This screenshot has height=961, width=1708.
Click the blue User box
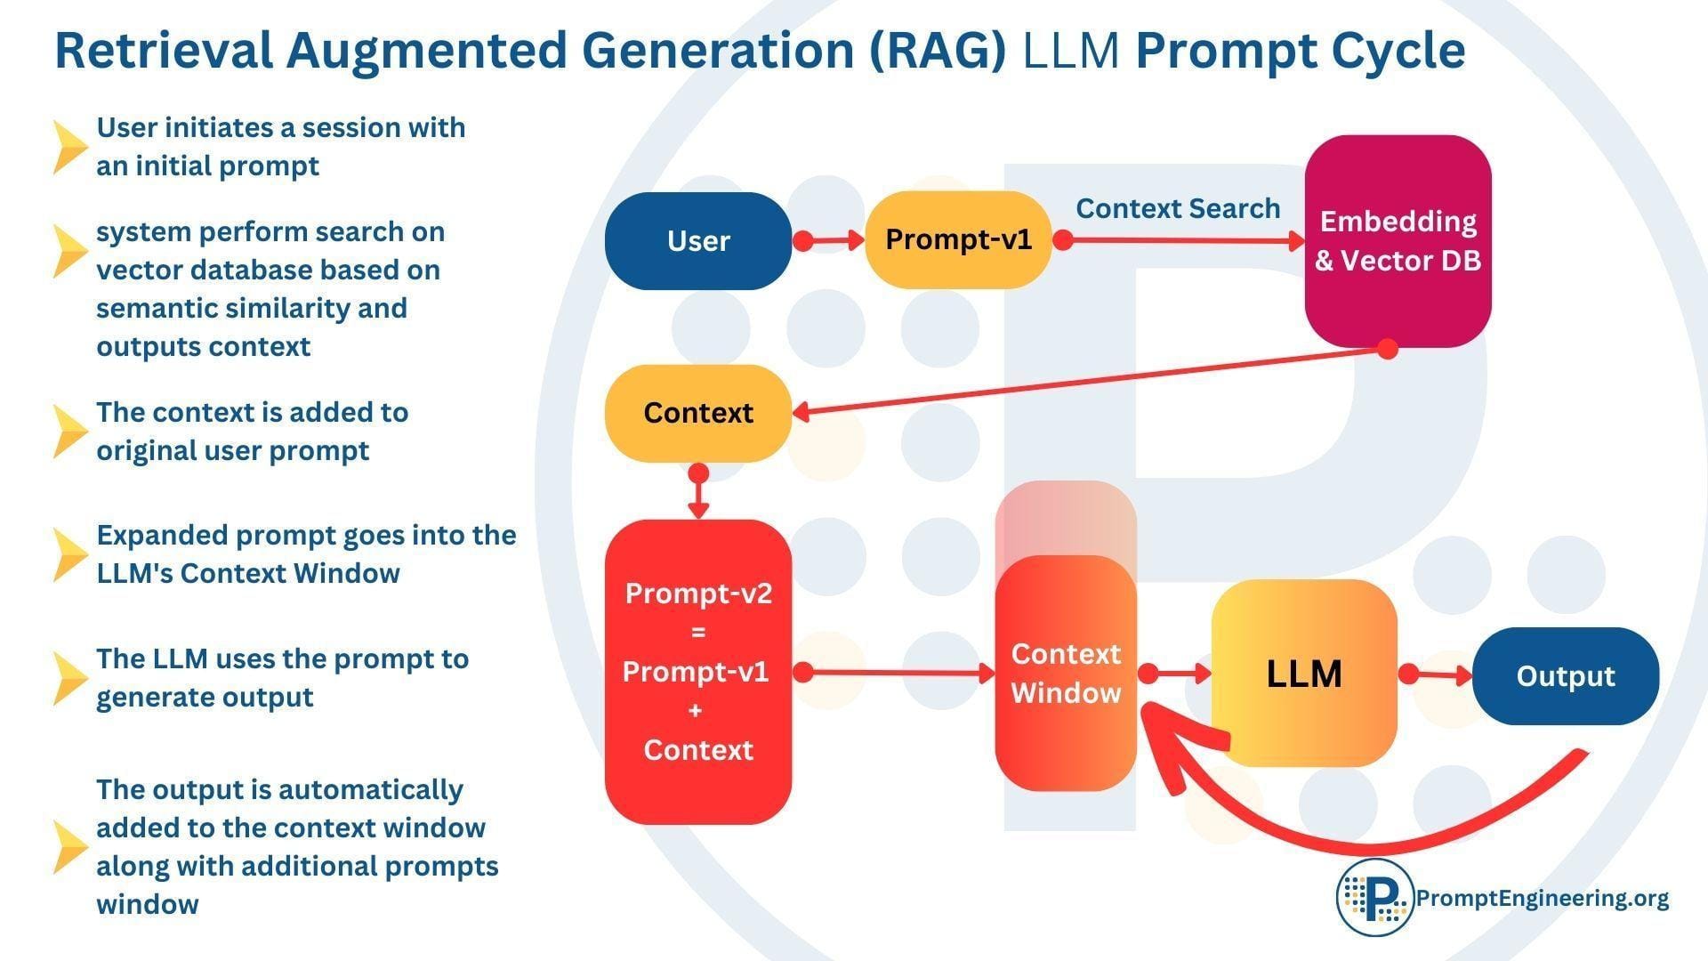pos(697,241)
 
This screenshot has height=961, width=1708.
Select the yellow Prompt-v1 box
pos(958,240)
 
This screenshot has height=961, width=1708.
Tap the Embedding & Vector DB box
pos(1398,241)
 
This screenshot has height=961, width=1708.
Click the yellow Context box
pos(697,413)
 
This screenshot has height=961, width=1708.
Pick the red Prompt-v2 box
pos(697,672)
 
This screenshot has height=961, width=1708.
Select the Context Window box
pos(1066,674)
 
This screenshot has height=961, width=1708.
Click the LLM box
pos(1303,674)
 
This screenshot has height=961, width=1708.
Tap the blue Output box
pos(1565,676)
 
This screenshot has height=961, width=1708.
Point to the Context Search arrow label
pos(1177,208)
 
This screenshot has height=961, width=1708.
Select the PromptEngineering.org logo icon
pos(1374,897)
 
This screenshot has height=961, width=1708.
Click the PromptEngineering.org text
pos(1542,898)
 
